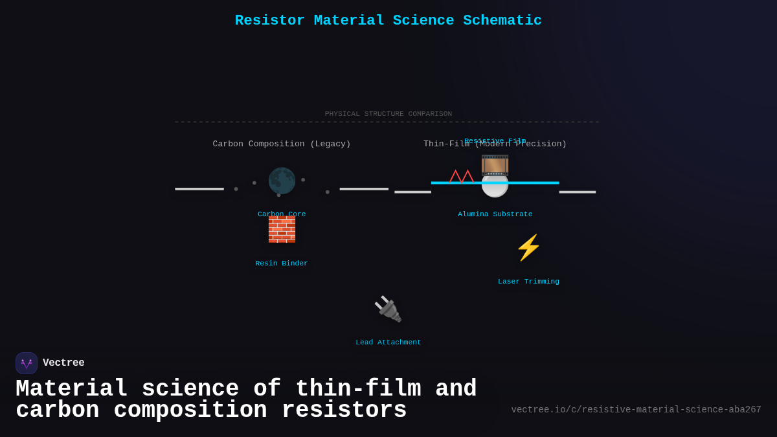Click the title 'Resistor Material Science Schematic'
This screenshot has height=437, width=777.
(x=388, y=21)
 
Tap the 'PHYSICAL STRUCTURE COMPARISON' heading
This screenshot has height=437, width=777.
(x=388, y=114)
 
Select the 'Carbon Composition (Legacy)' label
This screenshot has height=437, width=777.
(x=282, y=144)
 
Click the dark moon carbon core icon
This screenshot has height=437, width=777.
(x=282, y=181)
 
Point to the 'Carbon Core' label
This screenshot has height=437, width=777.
(x=282, y=214)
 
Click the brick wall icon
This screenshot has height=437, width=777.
(x=282, y=230)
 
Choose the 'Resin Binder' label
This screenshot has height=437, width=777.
(x=282, y=263)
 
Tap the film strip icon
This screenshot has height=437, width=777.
(x=495, y=165)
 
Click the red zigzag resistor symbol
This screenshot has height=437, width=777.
(x=462, y=176)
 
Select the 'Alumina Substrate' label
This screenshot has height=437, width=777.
(x=495, y=214)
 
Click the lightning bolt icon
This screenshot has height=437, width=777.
(x=528, y=247)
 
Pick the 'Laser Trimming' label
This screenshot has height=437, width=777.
(x=528, y=282)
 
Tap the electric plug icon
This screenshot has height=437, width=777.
(x=388, y=309)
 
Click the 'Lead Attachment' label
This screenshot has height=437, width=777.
(x=388, y=342)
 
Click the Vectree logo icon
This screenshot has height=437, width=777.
(x=27, y=363)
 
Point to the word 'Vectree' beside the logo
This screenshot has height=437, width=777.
(x=63, y=363)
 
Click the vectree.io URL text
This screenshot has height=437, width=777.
(x=636, y=410)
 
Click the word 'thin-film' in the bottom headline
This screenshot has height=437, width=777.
(x=358, y=389)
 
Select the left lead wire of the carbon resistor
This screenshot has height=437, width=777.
(x=199, y=189)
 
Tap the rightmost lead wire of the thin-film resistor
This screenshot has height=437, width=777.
(x=577, y=192)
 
